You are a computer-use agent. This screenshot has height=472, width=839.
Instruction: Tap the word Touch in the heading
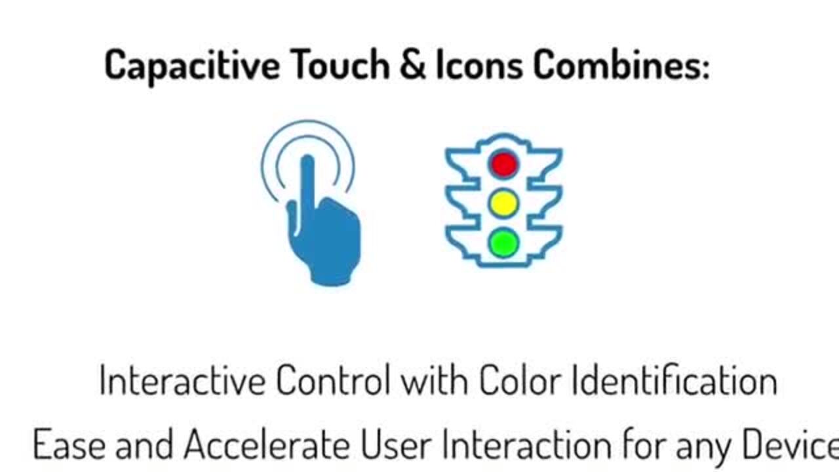(x=341, y=65)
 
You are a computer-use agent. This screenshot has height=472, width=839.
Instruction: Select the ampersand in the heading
(x=412, y=65)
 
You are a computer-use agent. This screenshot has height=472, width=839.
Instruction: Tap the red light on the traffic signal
(x=504, y=164)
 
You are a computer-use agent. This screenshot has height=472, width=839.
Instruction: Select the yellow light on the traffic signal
(x=504, y=203)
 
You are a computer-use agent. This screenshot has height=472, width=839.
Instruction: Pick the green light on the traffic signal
(x=504, y=243)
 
